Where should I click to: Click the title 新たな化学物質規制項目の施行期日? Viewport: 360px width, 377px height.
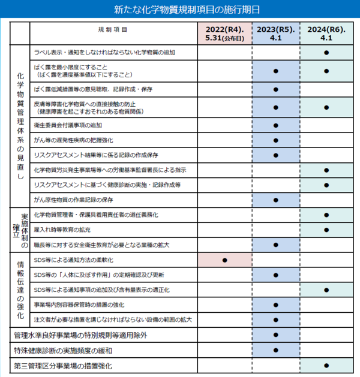coord(179,10)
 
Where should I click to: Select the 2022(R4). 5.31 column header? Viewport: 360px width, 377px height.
coord(224,33)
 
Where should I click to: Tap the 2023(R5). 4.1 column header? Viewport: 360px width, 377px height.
coord(275,33)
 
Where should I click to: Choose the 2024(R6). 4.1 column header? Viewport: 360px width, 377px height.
coord(326,33)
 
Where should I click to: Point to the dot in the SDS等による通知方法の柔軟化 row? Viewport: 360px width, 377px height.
coord(224,260)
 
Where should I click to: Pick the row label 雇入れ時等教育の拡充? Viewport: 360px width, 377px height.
coord(62,229)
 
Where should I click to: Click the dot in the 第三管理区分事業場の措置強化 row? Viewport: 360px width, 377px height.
coord(326,365)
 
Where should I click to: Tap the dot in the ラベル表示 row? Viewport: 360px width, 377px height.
coord(326,53)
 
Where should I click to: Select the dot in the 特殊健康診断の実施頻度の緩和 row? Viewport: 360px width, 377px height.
coord(275,349)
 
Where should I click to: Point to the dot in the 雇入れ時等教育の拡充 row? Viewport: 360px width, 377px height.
coord(326,229)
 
